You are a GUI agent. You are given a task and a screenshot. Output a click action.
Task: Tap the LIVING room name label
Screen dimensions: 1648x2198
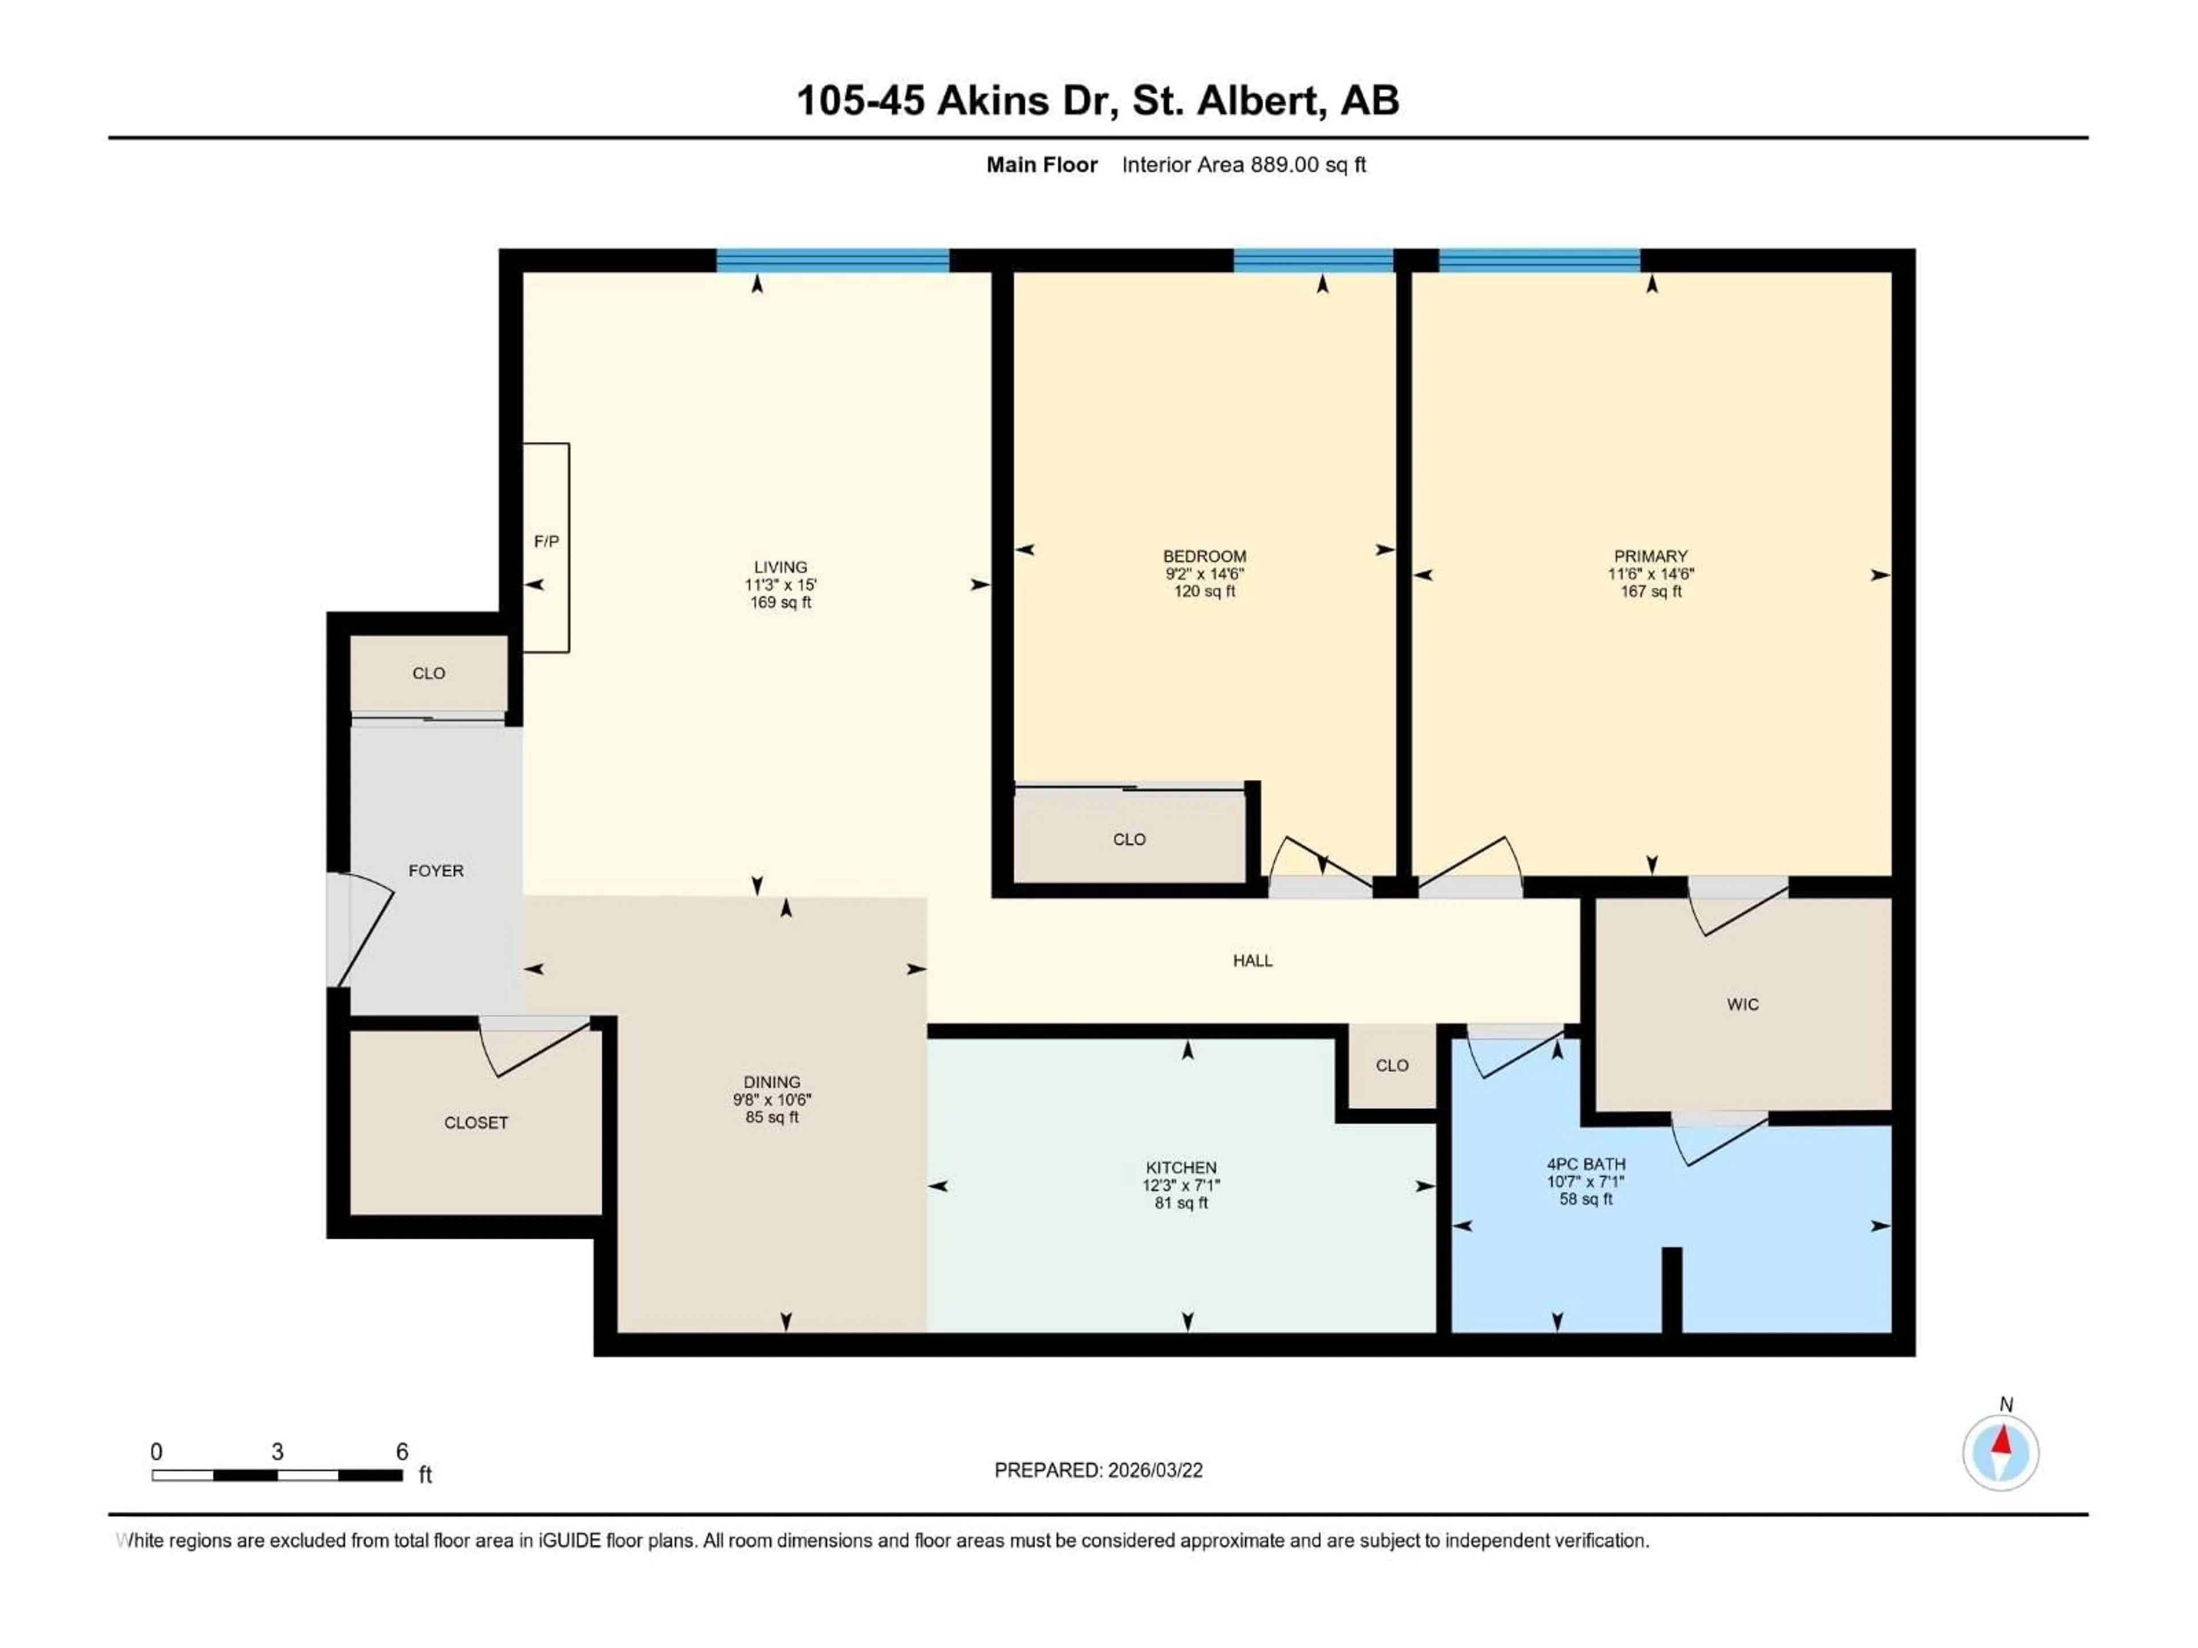coord(780,567)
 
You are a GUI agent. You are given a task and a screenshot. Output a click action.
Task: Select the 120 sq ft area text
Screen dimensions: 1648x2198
coord(1204,591)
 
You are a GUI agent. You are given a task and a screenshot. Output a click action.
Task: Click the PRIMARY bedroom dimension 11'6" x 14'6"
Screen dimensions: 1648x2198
coord(1650,574)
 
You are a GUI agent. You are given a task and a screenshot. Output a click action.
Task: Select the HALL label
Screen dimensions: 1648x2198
coord(1252,961)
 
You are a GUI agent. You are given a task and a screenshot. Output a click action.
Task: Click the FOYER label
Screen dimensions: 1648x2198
coord(436,870)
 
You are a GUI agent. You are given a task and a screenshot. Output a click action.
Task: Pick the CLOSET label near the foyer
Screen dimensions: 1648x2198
coord(476,1123)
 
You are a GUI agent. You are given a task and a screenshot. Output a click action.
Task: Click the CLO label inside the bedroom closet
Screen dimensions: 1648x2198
coord(1129,839)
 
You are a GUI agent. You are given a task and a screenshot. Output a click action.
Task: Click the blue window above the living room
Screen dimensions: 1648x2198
coord(833,260)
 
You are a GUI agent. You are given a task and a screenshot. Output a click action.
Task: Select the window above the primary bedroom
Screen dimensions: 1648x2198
coord(1539,260)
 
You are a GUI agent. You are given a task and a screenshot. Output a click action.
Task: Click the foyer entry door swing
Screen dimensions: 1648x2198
coord(363,929)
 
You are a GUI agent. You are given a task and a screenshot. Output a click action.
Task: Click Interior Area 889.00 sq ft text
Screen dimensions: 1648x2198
coord(1243,165)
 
